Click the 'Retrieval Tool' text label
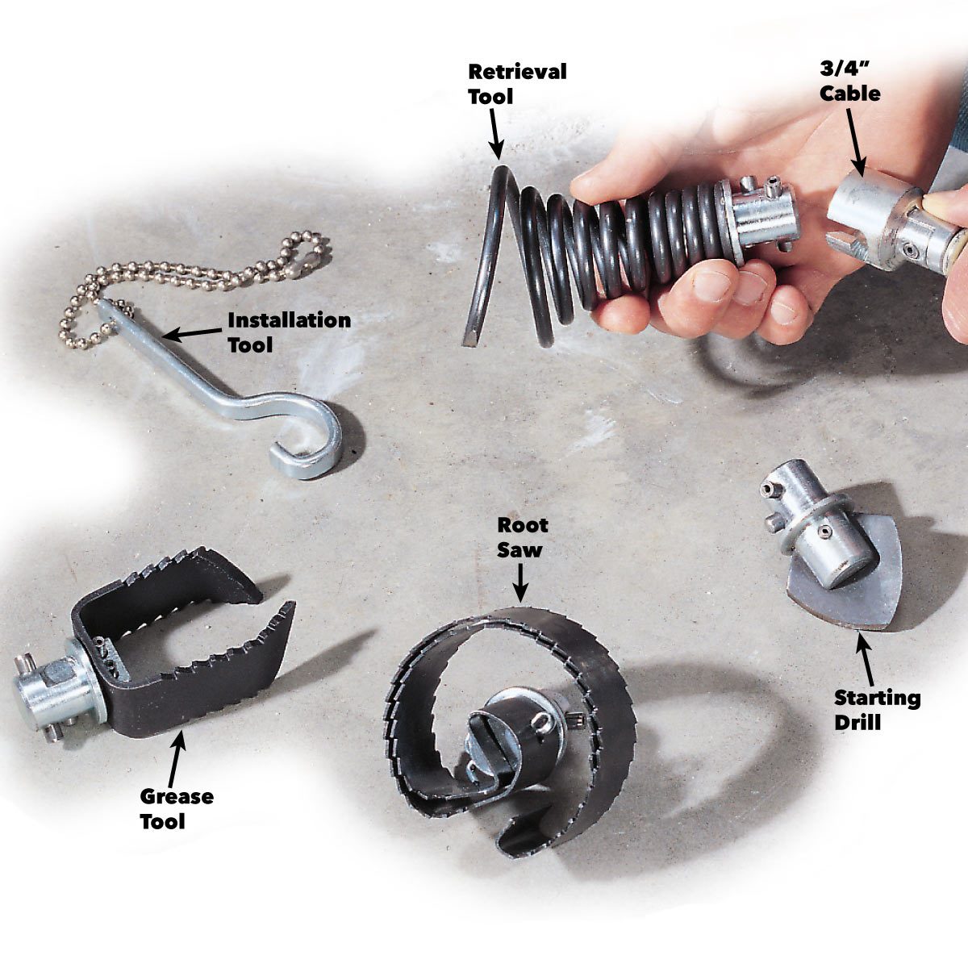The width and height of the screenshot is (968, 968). coord(517,83)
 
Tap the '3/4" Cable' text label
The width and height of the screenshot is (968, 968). coord(849,81)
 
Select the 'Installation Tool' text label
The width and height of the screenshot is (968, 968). coord(289,332)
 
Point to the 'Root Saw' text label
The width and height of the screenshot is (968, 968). coord(522,537)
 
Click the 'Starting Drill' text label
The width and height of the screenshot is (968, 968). coord(877,709)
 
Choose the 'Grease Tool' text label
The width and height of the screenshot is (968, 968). coord(177,809)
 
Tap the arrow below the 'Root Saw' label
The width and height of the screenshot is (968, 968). coord(523,581)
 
